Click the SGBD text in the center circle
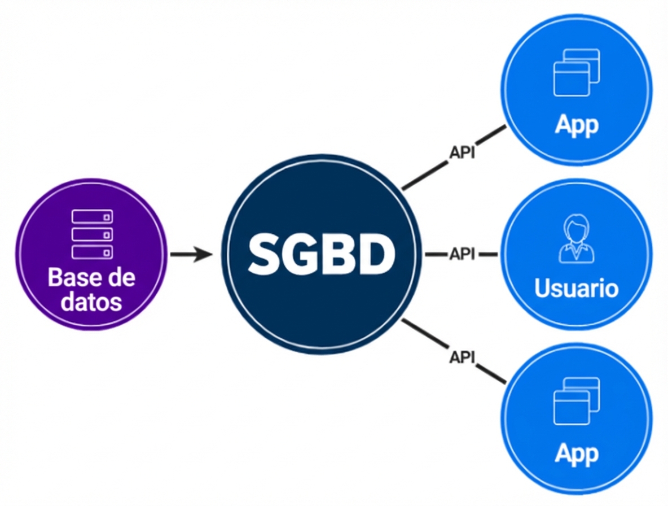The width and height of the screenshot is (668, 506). (320, 255)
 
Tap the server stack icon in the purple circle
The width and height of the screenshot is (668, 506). (92, 234)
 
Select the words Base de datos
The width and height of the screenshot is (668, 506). (92, 290)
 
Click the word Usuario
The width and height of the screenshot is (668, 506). (576, 288)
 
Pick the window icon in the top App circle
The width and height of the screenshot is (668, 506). (576, 72)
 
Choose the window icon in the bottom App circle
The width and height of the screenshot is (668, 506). (576, 402)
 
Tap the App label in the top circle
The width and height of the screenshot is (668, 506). (576, 124)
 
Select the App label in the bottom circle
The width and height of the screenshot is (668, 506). (576, 453)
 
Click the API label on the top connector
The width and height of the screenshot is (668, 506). (462, 153)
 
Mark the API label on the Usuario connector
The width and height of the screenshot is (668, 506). (462, 255)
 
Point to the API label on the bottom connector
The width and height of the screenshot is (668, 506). (462, 356)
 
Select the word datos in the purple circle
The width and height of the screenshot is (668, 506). (92, 302)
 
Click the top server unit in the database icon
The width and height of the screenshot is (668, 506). (92, 217)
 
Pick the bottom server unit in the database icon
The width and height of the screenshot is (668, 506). (92, 252)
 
